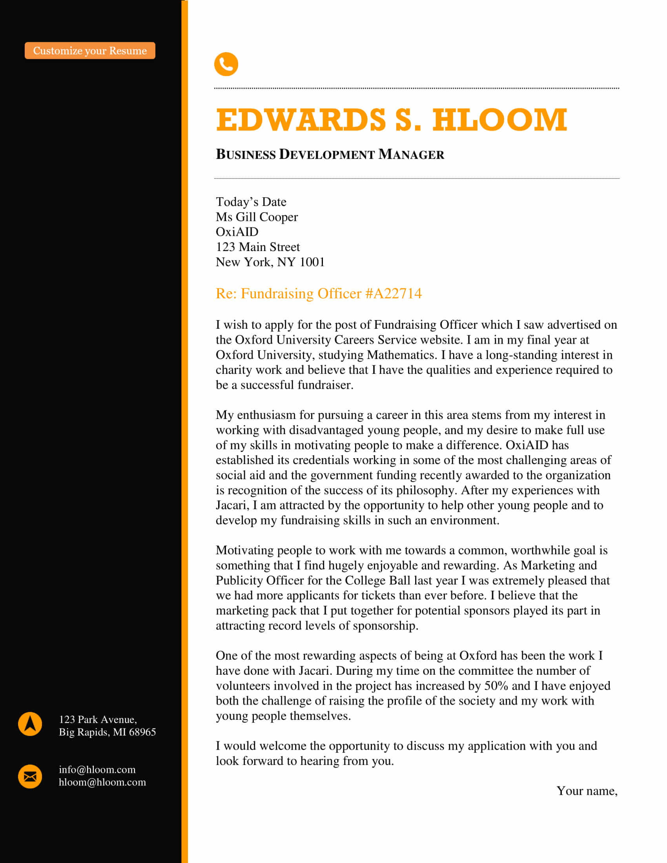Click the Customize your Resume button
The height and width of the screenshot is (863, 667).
point(90,51)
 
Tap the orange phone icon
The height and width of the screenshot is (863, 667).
point(226,64)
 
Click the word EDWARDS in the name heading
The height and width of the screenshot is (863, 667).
point(301,120)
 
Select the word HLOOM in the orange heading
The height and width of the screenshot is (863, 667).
point(499,120)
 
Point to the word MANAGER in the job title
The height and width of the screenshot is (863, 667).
point(411,155)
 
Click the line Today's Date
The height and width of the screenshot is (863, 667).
point(251,202)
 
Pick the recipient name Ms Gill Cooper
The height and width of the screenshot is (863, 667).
point(257,217)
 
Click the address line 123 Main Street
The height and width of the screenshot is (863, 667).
point(258,247)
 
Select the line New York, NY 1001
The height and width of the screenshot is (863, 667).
point(270,262)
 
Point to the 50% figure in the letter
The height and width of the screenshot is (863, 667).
point(496,686)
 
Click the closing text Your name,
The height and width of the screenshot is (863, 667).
point(587,791)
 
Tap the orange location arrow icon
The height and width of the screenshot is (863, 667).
point(30,724)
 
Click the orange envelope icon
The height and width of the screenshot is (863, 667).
point(30,776)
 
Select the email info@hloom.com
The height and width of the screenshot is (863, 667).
point(97,770)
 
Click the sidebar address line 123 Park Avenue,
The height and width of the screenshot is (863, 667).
point(98,719)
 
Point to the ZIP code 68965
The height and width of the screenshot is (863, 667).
point(142,732)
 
